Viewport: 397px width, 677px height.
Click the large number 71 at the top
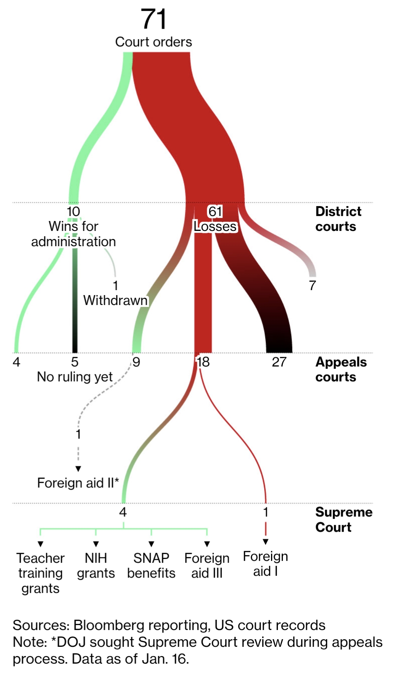tap(153, 19)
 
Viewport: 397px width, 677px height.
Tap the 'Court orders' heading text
tap(153, 42)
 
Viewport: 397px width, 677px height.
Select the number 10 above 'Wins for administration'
tap(73, 211)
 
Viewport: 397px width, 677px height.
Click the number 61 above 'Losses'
tap(215, 211)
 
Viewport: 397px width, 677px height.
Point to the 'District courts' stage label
tap(338, 219)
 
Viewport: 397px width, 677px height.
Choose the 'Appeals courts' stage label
tap(341, 369)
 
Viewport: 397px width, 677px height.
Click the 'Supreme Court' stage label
tap(344, 520)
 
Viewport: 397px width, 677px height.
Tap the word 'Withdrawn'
tap(115, 300)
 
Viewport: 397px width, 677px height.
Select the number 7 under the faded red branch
tap(313, 285)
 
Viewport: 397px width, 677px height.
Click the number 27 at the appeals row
tap(279, 362)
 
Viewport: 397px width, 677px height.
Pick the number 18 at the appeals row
tap(203, 362)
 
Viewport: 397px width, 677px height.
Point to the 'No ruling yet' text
tap(75, 377)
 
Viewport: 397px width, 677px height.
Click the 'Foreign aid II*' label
tap(78, 483)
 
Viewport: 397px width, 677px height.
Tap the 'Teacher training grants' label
tap(40, 573)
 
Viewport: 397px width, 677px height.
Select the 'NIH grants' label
tap(96, 566)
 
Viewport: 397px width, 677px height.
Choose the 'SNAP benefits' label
tap(151, 566)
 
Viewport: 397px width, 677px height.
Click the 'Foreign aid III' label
tap(207, 566)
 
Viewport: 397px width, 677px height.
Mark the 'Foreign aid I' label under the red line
tap(266, 564)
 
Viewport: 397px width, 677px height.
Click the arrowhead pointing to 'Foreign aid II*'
tap(78, 469)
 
